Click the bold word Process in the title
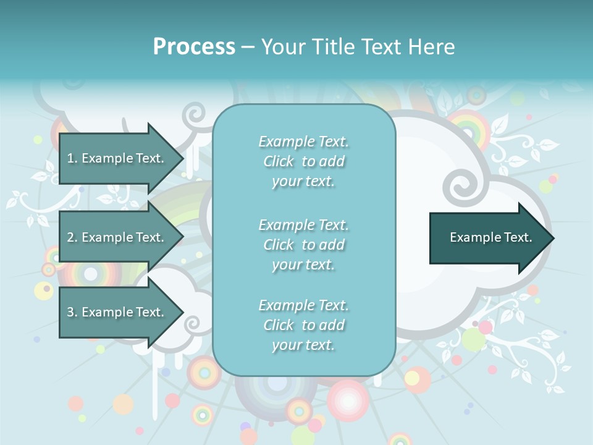tap(194, 47)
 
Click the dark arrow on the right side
tap(488, 238)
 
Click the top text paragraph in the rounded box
tap(303, 161)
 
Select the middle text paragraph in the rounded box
tap(303, 245)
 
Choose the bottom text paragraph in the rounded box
tap(303, 325)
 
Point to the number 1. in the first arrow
tap(72, 158)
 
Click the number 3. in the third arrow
tap(72, 312)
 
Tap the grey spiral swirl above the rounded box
tap(196, 115)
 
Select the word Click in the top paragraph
tap(278, 161)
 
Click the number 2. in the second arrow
tap(72, 237)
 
